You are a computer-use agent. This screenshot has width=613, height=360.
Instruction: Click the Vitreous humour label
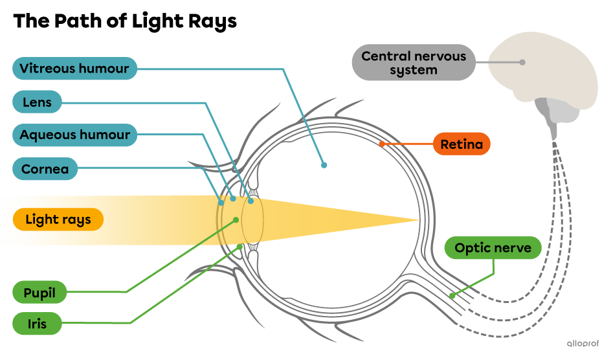(74, 69)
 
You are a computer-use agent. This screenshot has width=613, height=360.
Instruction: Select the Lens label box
(37, 102)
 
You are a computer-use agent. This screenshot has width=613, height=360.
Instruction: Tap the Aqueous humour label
(75, 135)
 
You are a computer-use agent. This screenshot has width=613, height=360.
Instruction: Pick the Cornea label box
(45, 170)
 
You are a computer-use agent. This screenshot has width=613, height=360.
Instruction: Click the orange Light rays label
(58, 219)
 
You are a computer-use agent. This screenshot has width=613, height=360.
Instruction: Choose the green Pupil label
(39, 293)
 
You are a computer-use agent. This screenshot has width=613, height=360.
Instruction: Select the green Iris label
(37, 323)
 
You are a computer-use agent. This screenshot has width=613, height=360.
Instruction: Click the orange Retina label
(462, 144)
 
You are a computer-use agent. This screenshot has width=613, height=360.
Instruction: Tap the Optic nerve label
(493, 248)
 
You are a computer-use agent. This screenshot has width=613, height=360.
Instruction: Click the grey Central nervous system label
(414, 63)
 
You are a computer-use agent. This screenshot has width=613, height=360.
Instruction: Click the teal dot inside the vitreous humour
(324, 165)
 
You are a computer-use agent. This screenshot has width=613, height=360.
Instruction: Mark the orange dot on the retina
(381, 144)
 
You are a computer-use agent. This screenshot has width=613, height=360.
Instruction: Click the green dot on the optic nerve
(452, 296)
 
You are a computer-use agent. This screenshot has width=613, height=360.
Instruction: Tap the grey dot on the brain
(522, 62)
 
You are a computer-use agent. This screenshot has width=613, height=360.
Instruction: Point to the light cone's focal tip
(418, 220)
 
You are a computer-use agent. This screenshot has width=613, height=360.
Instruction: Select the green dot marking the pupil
(236, 220)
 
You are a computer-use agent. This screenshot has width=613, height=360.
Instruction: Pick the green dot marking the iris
(240, 246)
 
